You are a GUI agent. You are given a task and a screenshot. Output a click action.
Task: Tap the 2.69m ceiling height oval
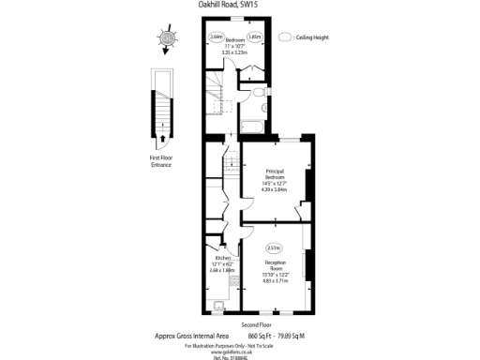coord(217,37)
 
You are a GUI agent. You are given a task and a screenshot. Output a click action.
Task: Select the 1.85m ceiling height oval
coord(254,37)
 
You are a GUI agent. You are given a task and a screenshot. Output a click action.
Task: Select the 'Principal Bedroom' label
coord(275,173)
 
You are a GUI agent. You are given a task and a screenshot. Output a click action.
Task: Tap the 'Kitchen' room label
coord(223,258)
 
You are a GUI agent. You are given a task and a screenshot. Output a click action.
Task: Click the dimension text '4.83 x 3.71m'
coord(275,279)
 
